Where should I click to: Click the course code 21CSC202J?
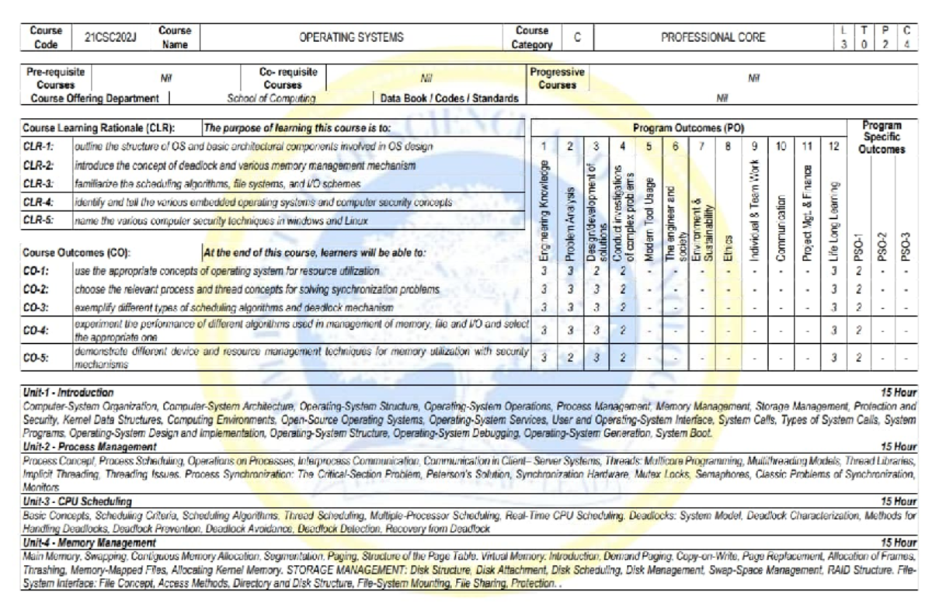click(108, 36)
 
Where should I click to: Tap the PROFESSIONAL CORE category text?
click(713, 36)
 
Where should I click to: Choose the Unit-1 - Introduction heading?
click(68, 393)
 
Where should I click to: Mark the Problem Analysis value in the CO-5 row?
click(570, 357)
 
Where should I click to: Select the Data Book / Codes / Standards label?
click(448, 99)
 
